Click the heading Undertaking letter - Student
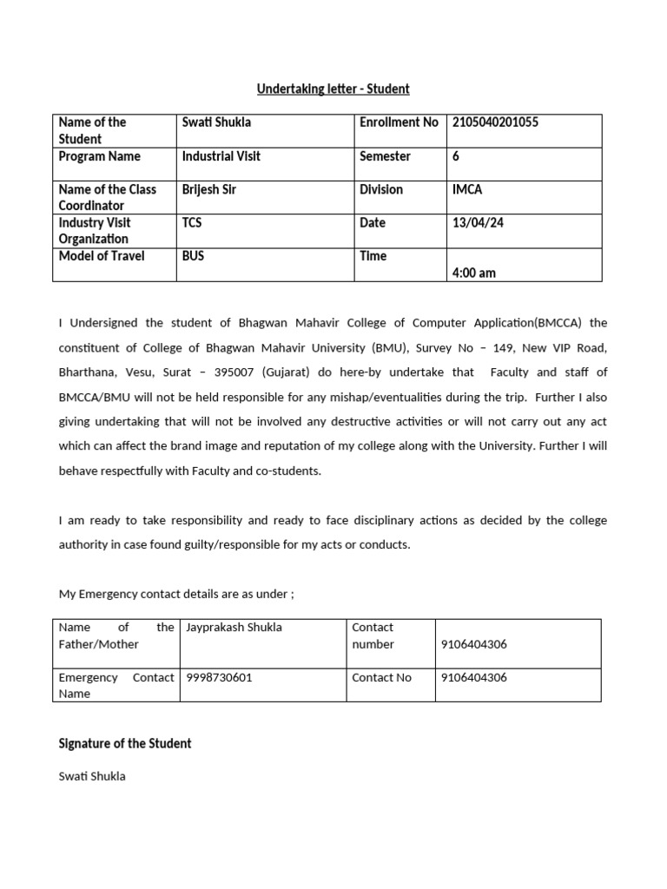pos(333,89)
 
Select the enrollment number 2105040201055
pos(495,122)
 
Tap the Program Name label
pos(99,156)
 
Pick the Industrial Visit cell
pos(221,156)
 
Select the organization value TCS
pos(192,222)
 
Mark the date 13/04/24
pos(478,222)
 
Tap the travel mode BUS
pos(193,256)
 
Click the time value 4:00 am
pos(474,273)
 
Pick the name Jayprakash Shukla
pos(234,627)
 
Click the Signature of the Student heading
pos(124,743)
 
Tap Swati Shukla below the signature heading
pos(91,776)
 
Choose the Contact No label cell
pos(381,677)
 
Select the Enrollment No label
pos(399,122)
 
